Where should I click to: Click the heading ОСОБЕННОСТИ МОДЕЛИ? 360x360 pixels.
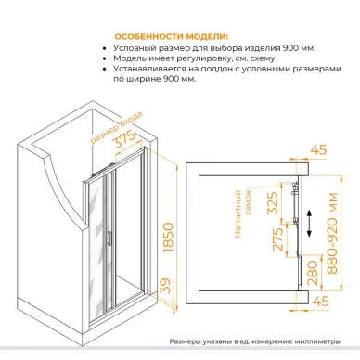(172, 37)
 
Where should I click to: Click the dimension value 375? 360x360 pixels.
(125, 139)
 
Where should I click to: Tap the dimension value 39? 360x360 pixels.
(166, 286)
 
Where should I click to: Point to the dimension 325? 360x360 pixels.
(273, 203)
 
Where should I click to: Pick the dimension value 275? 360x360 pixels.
(277, 239)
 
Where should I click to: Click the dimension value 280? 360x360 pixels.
(313, 273)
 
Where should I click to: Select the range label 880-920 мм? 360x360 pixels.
(333, 234)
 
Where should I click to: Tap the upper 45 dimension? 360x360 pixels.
(318, 149)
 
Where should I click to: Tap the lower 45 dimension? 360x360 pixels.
(321, 301)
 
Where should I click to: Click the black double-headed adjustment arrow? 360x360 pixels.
(309, 223)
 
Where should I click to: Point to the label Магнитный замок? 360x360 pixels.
(243, 213)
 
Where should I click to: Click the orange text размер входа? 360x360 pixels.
(117, 127)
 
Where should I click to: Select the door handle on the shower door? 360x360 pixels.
(109, 238)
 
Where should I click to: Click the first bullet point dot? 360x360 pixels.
(106, 49)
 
